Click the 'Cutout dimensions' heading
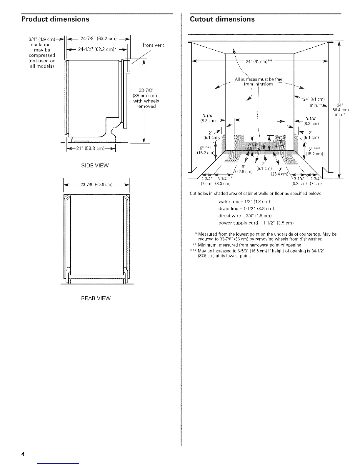tap(222, 19)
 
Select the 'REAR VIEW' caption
tap(96, 298)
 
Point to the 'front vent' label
tap(153, 45)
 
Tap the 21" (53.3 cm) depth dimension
tap(91, 148)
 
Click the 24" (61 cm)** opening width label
tap(259, 61)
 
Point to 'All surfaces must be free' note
tap(259, 79)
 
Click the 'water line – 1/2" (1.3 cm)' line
tap(244, 202)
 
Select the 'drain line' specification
tap(246, 209)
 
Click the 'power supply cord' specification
tap(256, 223)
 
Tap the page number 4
tap(22, 453)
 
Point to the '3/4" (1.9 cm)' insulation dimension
tap(41, 40)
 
